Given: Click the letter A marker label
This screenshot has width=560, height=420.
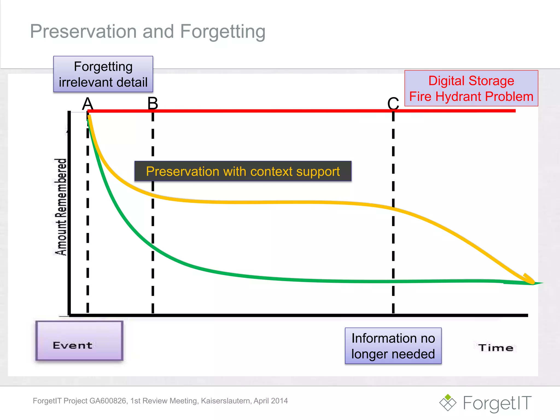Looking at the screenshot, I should [88, 104].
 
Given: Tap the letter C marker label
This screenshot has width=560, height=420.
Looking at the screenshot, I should [393, 104].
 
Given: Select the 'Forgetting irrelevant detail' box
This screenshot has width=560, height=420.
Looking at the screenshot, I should [103, 74].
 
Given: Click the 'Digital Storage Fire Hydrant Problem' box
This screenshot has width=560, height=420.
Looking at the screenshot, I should [471, 88].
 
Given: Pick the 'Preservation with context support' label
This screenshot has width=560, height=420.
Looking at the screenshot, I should [243, 171].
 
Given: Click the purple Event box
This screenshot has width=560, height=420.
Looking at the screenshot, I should [79, 341].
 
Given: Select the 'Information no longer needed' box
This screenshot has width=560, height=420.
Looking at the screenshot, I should [393, 346].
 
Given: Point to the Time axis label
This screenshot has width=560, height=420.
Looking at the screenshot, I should [495, 348].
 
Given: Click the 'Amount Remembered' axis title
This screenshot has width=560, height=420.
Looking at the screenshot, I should [61, 207].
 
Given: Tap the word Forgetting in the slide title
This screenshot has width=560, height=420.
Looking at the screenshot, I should [223, 31].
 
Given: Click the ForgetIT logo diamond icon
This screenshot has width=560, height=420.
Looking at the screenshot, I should [448, 402].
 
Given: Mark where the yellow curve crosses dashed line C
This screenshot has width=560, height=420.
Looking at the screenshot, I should [393, 209].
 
